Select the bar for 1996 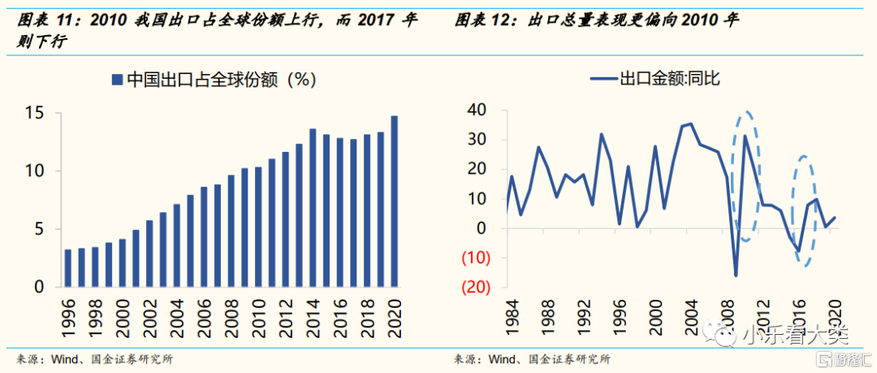click(x=68, y=268)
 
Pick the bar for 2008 click(x=231, y=231)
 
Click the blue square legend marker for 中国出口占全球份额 click(x=117, y=79)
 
